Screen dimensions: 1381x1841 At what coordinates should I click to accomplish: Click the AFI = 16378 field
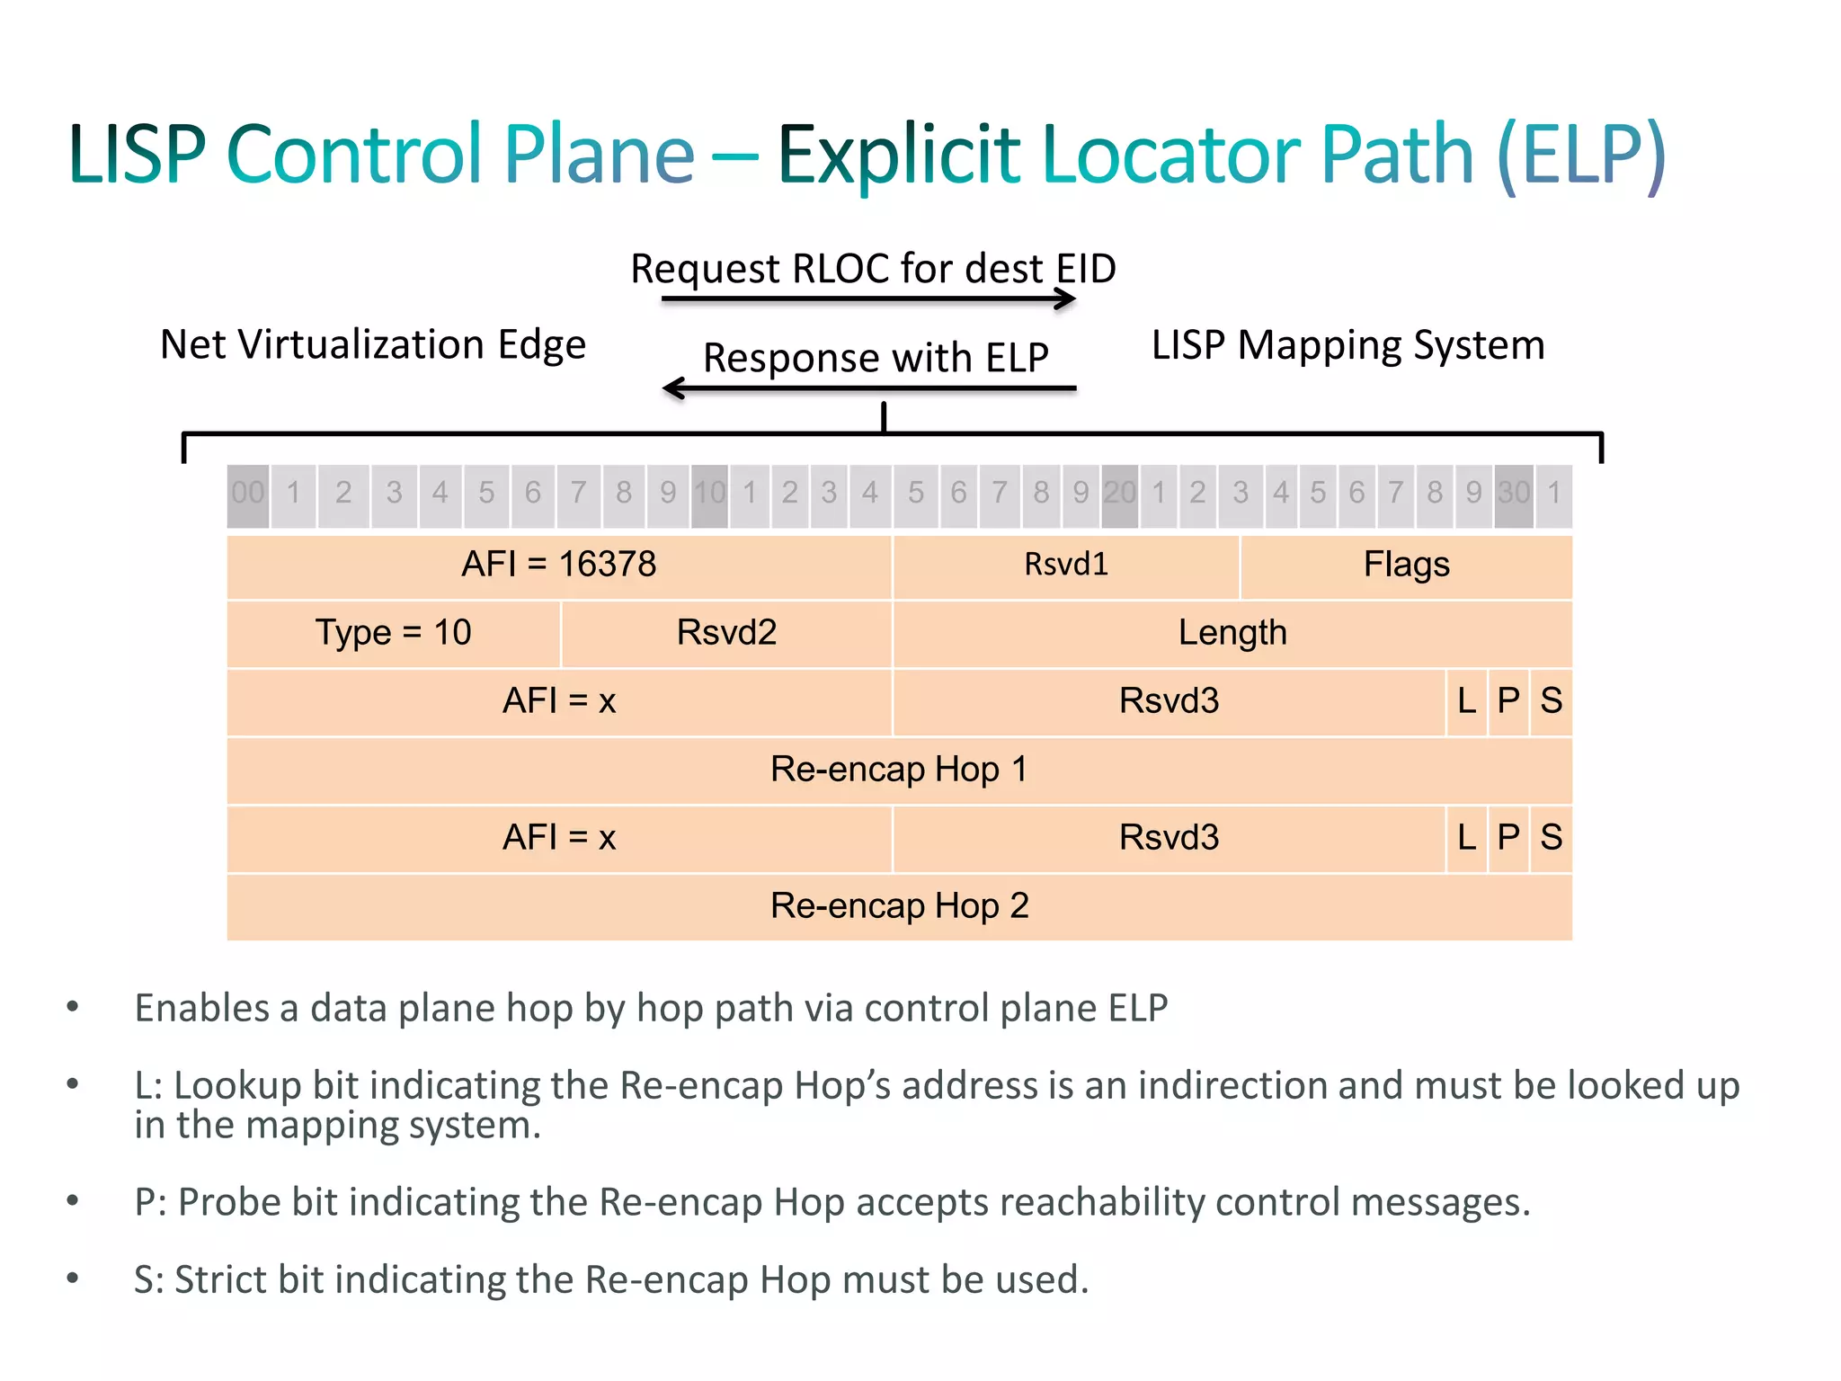558,566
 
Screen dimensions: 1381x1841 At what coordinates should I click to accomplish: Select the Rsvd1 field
1065,566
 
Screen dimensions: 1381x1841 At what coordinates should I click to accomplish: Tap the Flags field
1406,566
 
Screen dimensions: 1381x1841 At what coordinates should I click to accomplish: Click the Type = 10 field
393,633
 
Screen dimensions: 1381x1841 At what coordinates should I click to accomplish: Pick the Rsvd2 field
726,633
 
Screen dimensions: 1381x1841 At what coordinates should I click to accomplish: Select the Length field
1232,633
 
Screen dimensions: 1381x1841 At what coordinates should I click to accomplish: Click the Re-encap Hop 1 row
899,770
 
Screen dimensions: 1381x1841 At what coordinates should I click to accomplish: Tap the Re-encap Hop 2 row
899,906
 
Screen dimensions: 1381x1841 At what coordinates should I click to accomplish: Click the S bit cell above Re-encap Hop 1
1552,701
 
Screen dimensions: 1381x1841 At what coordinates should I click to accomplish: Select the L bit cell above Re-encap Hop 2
1467,838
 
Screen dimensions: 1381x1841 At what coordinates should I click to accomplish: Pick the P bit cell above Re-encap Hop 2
1508,838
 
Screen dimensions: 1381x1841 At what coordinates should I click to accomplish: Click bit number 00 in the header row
248,494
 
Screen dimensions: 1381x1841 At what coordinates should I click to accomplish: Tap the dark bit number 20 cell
1120,494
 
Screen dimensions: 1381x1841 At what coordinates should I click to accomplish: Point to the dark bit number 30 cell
1514,494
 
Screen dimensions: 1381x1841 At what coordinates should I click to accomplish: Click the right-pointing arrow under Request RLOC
868,299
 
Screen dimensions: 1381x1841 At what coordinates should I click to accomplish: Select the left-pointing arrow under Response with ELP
868,388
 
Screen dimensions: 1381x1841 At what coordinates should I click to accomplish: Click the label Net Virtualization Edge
373,345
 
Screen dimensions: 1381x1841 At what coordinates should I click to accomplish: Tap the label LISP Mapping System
1348,345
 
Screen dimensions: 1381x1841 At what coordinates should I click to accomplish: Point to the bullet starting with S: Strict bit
611,1279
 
